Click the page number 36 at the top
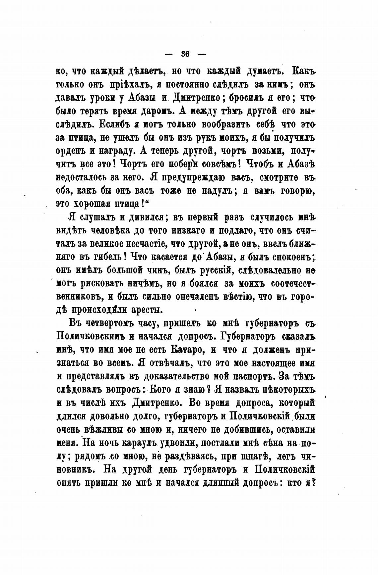[185, 54]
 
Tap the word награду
[113, 151]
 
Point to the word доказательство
[185, 376]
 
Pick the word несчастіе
[143, 243]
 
